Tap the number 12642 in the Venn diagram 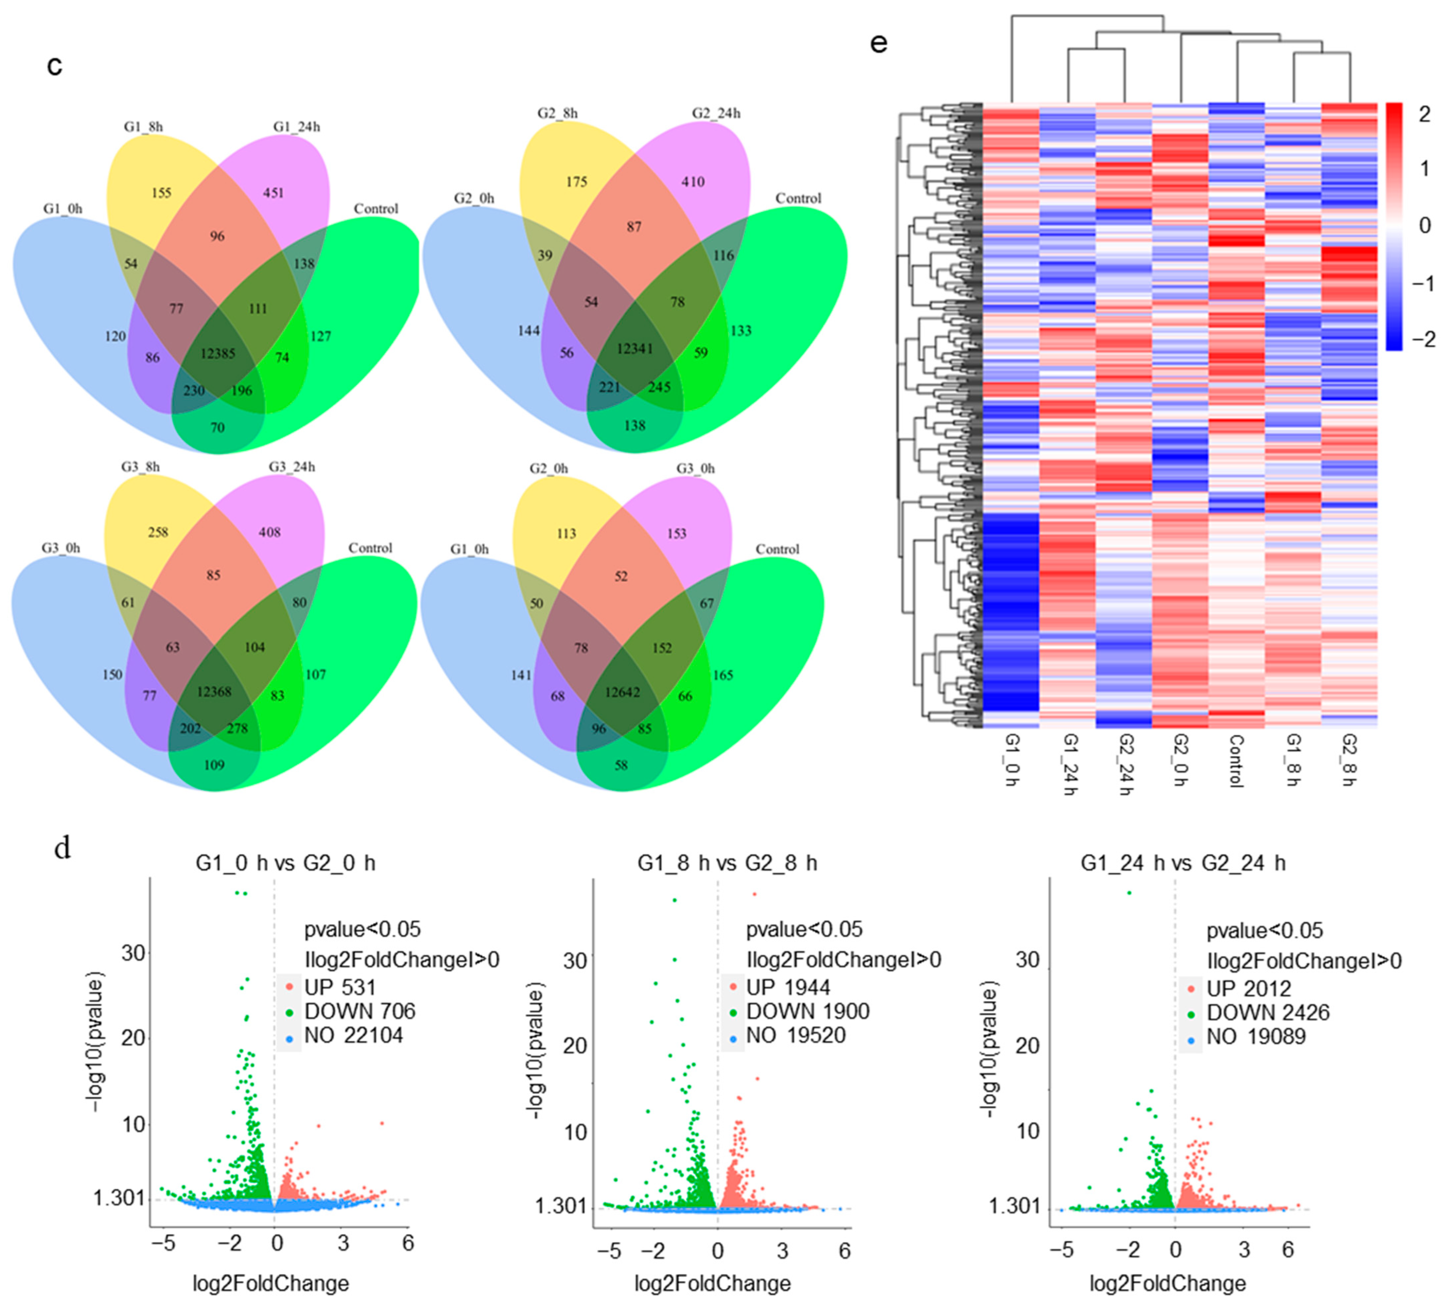(x=622, y=693)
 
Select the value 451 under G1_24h (x=273, y=193)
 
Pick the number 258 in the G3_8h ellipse (x=158, y=533)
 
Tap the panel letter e (x=878, y=43)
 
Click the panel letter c (x=54, y=65)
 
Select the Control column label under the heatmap (x=1236, y=761)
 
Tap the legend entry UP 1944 (x=788, y=988)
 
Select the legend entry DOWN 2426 (x=1267, y=1013)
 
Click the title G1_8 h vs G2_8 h (x=727, y=863)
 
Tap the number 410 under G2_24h (x=692, y=182)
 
